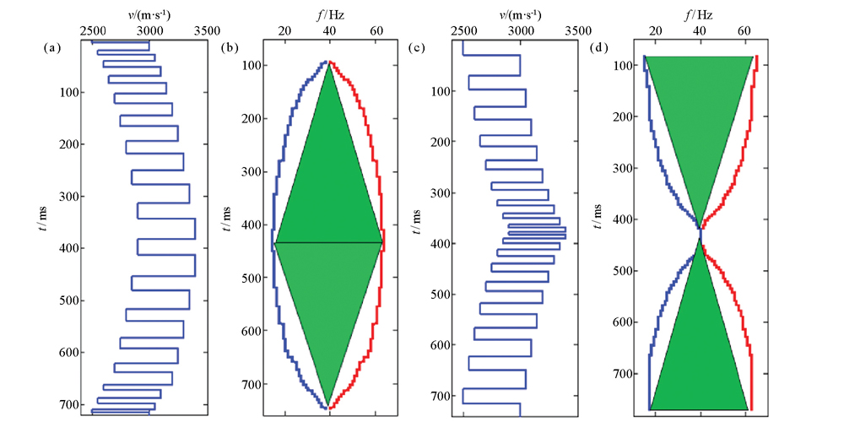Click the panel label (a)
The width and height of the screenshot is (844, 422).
point(53,48)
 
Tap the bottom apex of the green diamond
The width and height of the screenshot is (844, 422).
point(328,407)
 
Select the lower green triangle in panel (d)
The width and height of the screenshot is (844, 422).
point(699,354)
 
